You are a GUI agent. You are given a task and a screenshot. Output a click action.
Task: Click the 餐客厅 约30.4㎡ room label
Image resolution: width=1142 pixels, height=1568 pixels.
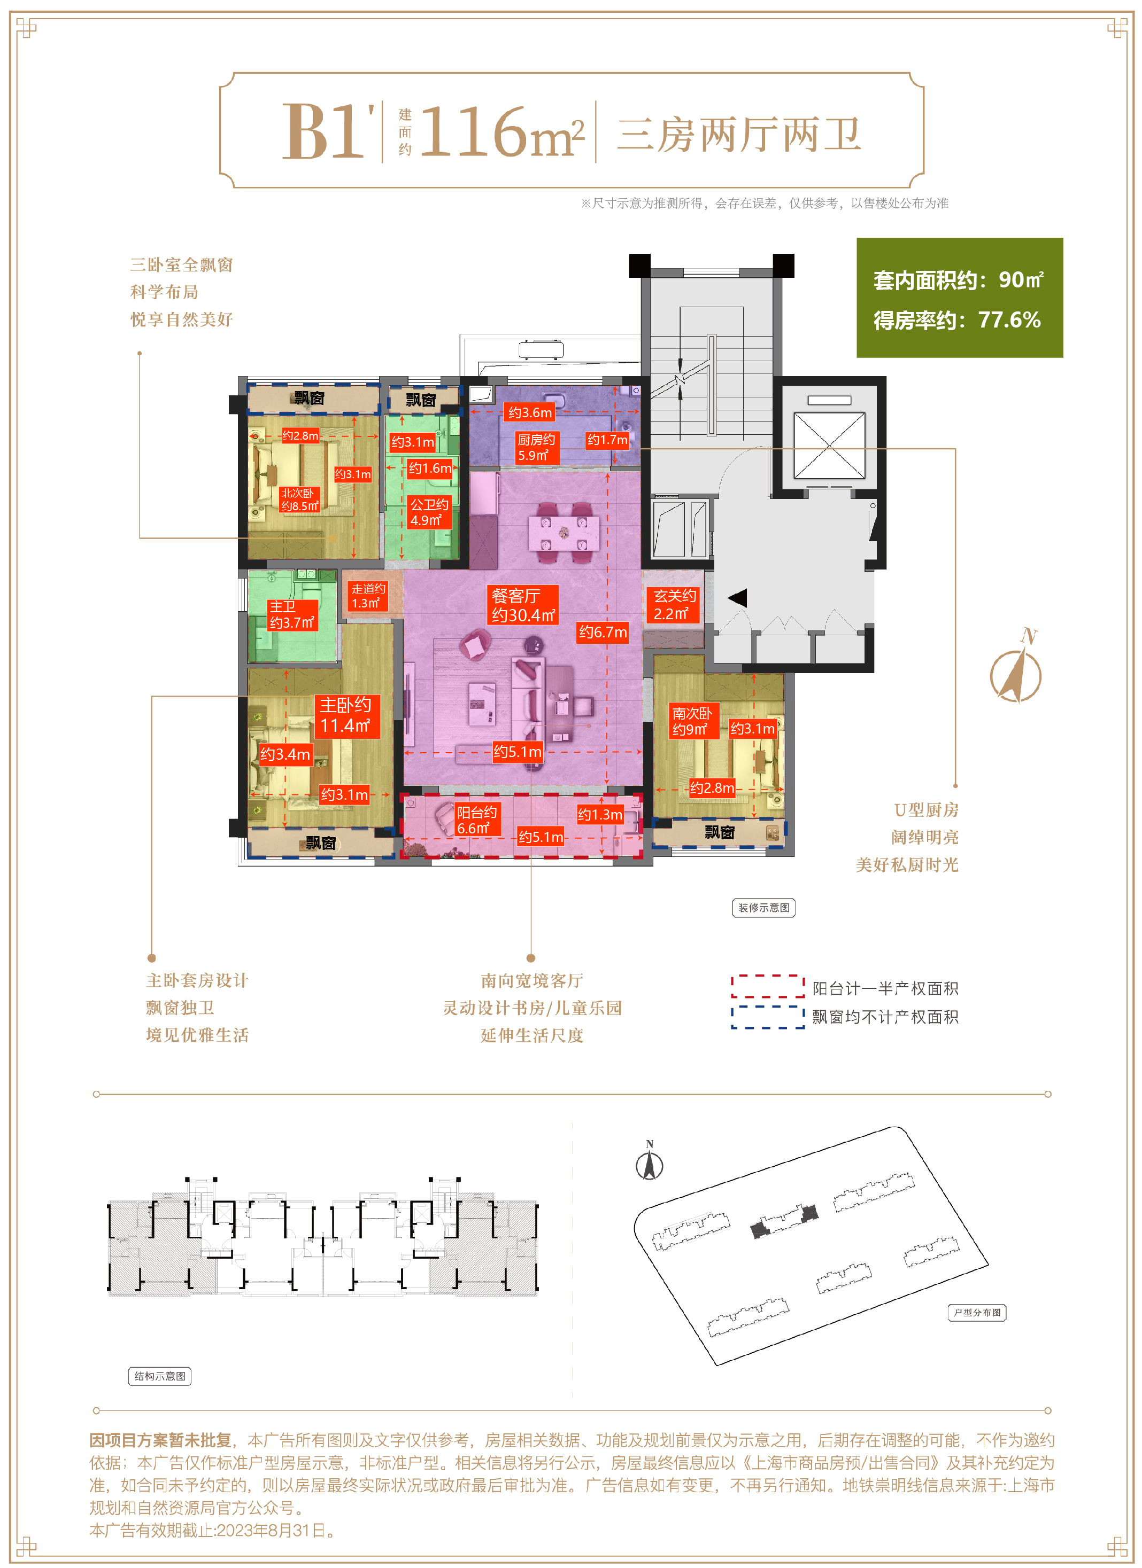(523, 605)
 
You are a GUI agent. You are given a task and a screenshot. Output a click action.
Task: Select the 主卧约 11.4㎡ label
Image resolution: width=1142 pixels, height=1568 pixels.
(346, 715)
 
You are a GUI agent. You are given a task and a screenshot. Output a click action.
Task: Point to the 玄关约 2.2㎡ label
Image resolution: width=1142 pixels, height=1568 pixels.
(673, 605)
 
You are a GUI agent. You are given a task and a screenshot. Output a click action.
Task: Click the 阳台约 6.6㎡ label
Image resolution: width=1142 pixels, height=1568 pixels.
(476, 820)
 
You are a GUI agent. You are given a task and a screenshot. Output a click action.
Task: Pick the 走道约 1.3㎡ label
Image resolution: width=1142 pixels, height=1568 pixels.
(367, 596)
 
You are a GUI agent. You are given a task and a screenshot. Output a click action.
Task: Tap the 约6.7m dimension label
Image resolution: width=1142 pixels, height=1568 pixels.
(603, 632)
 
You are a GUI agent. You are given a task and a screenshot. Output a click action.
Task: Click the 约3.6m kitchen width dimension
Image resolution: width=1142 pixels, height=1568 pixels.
(530, 413)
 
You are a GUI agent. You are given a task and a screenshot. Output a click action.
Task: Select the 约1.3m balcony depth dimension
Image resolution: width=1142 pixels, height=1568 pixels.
(600, 814)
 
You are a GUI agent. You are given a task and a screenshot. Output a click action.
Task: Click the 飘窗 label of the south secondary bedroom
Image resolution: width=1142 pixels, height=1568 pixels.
(720, 832)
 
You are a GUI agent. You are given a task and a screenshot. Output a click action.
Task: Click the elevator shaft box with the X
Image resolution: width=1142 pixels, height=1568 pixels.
(829, 444)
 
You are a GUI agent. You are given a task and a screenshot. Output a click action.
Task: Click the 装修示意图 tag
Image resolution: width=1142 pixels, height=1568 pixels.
(763, 908)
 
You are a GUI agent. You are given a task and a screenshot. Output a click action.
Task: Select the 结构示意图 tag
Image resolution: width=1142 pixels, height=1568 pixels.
(160, 1376)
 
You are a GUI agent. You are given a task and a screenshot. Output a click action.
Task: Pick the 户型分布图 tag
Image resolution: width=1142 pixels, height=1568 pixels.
(977, 1312)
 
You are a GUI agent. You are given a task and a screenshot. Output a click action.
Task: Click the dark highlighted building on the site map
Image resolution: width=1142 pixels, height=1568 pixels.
(784, 1222)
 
